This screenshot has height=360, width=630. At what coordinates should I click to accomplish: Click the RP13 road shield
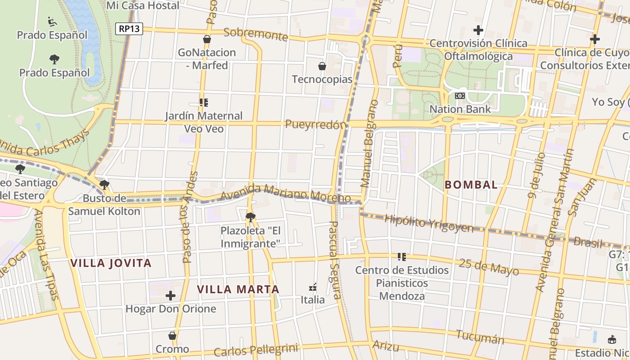tap(129, 29)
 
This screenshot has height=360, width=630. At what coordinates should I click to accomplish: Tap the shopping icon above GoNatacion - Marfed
tap(207, 39)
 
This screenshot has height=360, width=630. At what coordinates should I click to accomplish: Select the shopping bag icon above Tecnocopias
tap(322, 66)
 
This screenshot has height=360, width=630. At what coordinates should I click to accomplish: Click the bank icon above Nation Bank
tap(459, 96)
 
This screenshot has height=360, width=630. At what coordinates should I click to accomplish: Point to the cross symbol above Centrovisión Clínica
tap(478, 30)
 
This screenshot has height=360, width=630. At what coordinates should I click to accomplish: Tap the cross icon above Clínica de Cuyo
tap(594, 39)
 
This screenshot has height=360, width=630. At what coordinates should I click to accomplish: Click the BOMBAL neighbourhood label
tap(471, 184)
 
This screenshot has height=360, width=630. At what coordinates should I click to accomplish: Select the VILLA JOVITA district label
tap(111, 263)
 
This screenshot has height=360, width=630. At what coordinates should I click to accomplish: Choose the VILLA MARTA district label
tap(238, 289)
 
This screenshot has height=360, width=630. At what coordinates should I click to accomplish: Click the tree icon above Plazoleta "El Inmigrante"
tap(251, 217)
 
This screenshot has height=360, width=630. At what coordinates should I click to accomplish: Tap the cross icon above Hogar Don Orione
tap(171, 296)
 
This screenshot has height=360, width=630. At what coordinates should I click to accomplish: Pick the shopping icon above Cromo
tap(172, 336)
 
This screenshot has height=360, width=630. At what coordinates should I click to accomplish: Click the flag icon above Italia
tap(313, 287)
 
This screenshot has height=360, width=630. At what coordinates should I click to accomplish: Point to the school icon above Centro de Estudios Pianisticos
tap(401, 257)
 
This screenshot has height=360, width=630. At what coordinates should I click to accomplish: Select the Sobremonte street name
tap(255, 34)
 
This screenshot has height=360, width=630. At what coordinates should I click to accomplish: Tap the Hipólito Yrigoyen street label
tap(429, 223)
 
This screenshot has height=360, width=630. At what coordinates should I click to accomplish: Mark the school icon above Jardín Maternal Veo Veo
tap(204, 103)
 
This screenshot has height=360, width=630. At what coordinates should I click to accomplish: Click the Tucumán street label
tap(480, 337)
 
